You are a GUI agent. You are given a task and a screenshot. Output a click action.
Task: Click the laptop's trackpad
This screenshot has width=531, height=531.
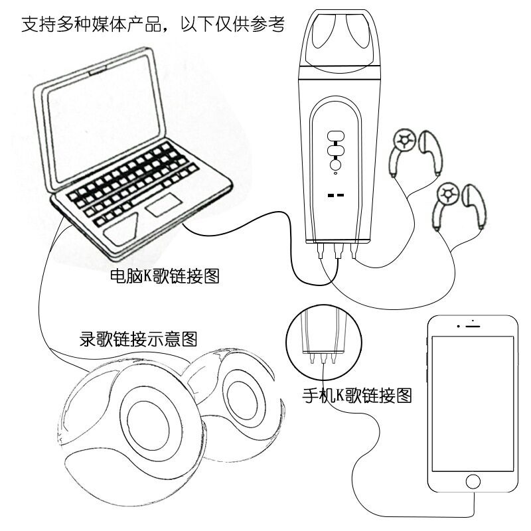coord(162,207)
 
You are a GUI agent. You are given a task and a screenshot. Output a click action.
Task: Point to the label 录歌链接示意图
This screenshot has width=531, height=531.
coord(138,340)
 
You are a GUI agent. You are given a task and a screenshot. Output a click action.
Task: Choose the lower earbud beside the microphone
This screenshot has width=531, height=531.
coord(458,204)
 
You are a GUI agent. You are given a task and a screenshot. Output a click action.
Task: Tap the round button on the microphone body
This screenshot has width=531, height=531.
coord(337,165)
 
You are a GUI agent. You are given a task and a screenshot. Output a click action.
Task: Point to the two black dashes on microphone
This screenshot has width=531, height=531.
coord(336,195)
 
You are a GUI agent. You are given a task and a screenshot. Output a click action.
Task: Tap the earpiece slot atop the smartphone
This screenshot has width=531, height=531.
coord(472,325)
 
